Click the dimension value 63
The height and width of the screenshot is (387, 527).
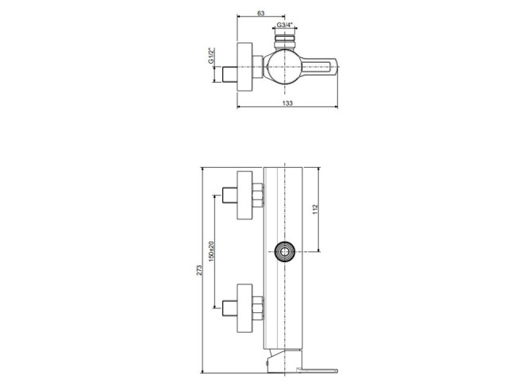click(261, 14)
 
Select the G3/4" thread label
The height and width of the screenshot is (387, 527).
click(285, 25)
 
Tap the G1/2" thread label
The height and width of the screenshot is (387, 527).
click(211, 56)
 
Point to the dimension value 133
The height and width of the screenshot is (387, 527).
click(287, 103)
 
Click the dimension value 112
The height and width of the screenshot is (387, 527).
click(315, 210)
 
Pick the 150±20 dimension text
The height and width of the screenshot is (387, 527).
click(211, 251)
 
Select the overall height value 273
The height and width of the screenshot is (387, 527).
click(199, 270)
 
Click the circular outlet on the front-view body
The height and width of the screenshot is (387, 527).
click(285, 251)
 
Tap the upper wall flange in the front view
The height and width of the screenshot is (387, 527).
click(244, 195)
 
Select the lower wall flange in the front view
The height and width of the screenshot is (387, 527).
click(244, 308)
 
